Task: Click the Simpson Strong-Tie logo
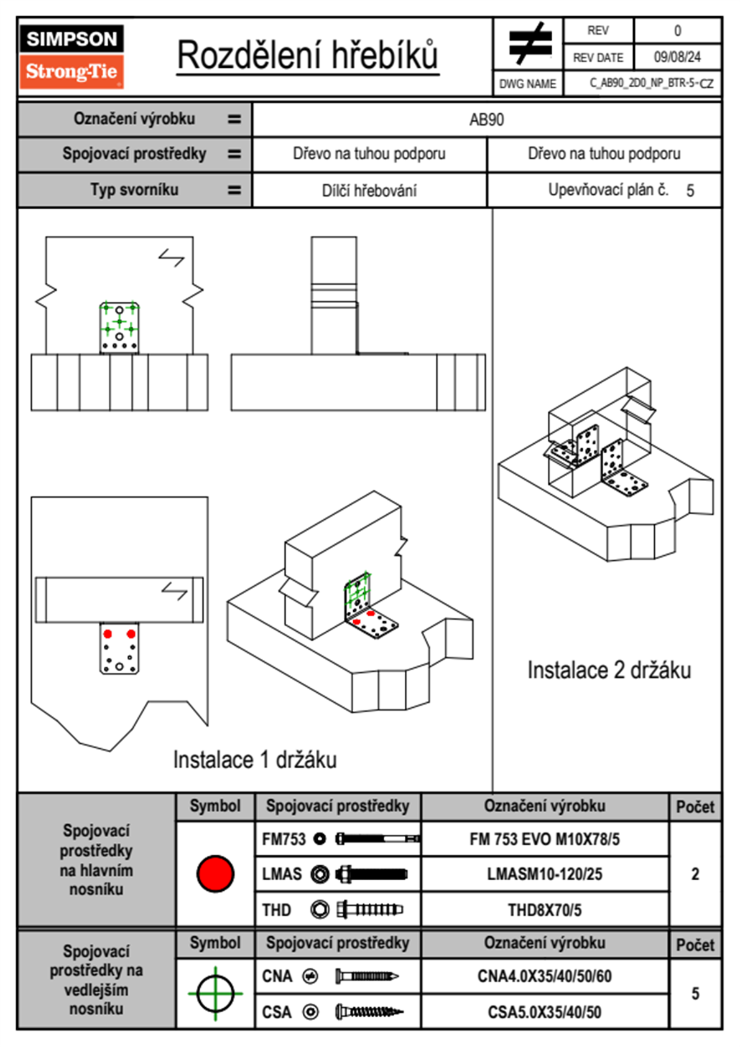coord(71,56)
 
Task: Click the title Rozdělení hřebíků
coord(308,55)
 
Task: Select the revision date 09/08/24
coord(677,57)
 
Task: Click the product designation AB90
coord(486,120)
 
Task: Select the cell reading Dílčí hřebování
coord(369,190)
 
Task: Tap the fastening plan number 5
coord(690,190)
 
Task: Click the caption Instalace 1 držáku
coord(255,760)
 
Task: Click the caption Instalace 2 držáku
coord(609,670)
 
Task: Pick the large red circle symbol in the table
coord(215,873)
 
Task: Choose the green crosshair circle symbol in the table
coord(215,993)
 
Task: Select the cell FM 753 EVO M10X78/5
coord(544,840)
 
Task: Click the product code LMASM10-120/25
coord(544,875)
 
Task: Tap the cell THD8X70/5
coord(544,910)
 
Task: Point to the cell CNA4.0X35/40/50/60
coord(544,976)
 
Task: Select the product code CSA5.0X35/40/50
coord(544,1012)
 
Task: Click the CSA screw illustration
coord(369,1012)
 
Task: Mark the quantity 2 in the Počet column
coord(695,875)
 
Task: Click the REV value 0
coord(677,31)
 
